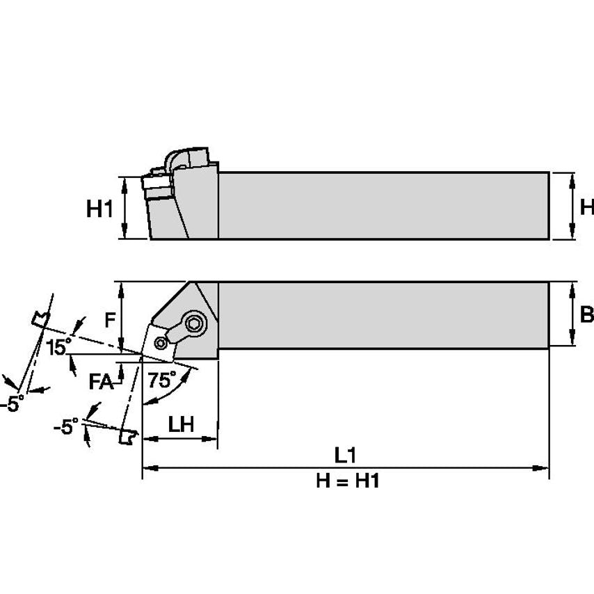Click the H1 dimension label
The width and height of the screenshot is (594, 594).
pos(99,208)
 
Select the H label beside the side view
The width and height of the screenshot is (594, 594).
pos(586,207)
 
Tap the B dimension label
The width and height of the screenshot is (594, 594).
pos(586,314)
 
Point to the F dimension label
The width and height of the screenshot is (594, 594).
pos(109,320)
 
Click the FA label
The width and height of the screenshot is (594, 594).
pos(102,381)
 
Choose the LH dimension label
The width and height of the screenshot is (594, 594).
pos(181,424)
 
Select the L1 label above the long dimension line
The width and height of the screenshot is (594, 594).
pos(345,456)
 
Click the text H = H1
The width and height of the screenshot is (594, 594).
pos(347,481)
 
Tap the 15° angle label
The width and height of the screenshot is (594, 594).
pos(59,346)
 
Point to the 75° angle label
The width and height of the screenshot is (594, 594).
pos(162,380)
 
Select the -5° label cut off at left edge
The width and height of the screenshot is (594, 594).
pos(13,404)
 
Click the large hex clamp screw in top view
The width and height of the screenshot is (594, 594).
pos(195,323)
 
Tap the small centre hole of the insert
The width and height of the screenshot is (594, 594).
pos(161,342)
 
